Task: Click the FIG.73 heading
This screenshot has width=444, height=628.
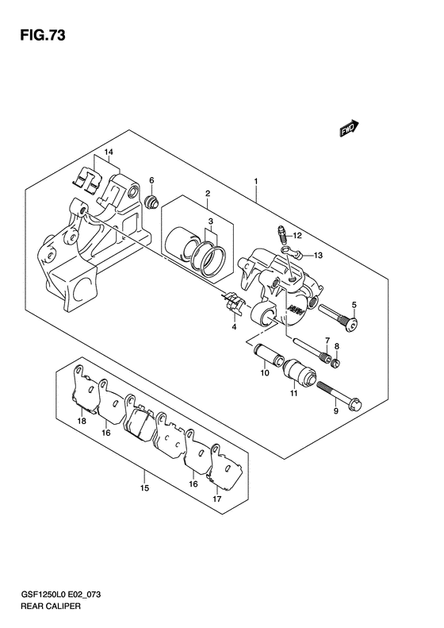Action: pos(42,36)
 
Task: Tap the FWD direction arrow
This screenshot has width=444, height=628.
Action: pos(349,128)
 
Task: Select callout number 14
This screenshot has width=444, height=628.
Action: pos(109,152)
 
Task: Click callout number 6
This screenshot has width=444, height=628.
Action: pos(151,180)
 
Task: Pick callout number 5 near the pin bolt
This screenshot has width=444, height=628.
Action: pos(354,305)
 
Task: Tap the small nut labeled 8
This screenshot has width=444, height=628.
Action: pos(337,364)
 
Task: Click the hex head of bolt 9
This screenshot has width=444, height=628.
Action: pos(355,403)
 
